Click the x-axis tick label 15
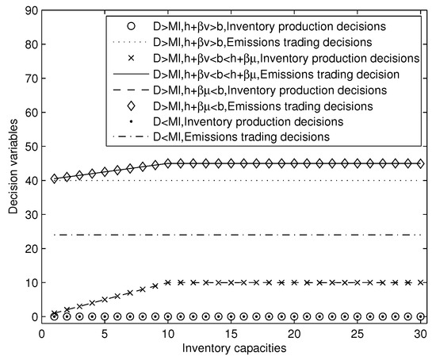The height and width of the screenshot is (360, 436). click(231, 332)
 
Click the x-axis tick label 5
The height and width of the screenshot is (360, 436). click(105, 332)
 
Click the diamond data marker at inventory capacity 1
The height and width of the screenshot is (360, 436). click(54, 178)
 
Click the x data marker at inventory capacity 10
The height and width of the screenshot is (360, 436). click(167, 282)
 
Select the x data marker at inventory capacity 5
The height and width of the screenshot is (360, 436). click(105, 300)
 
